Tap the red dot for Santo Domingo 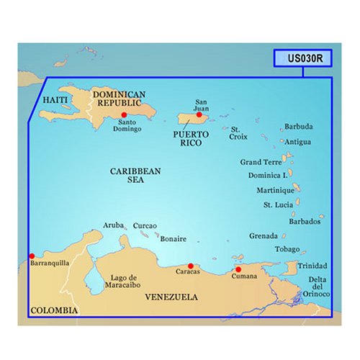click(125, 114)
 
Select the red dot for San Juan click(199, 114)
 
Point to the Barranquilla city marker click(31, 255)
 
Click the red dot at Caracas click(190, 266)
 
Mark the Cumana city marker click(238, 269)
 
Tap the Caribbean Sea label click(135, 176)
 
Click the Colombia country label click(53, 310)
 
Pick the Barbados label click(305, 222)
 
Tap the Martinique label click(275, 191)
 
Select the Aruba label click(114, 225)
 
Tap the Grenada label click(264, 235)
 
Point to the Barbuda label click(299, 127)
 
